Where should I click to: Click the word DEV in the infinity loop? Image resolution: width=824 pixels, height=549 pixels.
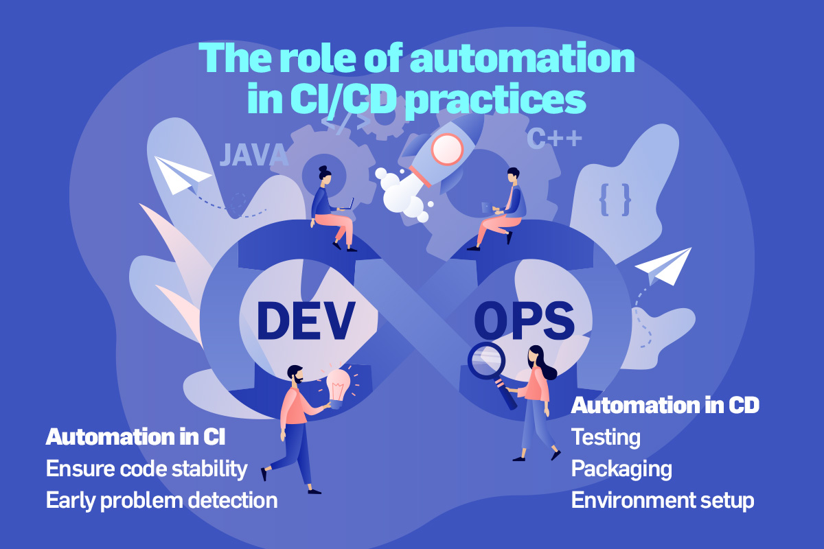click(x=306, y=320)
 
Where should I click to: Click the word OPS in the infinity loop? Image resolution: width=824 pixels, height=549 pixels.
click(x=524, y=320)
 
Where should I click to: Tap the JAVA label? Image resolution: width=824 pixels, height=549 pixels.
click(x=254, y=155)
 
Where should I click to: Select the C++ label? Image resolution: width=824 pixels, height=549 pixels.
click(x=554, y=138)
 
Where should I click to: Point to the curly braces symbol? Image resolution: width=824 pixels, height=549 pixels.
click(x=615, y=200)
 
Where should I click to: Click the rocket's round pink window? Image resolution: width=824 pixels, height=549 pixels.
click(x=447, y=150)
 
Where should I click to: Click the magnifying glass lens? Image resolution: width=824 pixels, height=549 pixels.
click(x=486, y=360)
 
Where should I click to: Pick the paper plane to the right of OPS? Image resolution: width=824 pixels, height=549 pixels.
click(x=663, y=266)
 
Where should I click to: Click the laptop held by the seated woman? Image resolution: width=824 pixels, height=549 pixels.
click(x=347, y=205)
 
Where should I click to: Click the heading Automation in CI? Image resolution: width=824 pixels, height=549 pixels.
click(x=135, y=437)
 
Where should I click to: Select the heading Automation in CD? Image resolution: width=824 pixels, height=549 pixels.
click(x=665, y=405)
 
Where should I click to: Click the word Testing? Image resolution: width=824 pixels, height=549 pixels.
click(x=606, y=438)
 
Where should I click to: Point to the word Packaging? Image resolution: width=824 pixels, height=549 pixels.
click(x=621, y=469)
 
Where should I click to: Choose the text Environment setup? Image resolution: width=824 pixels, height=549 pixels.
click(x=663, y=500)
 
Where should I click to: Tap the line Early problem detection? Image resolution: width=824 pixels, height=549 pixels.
click(x=161, y=501)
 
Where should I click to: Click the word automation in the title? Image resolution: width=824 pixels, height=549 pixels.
click(x=523, y=59)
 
